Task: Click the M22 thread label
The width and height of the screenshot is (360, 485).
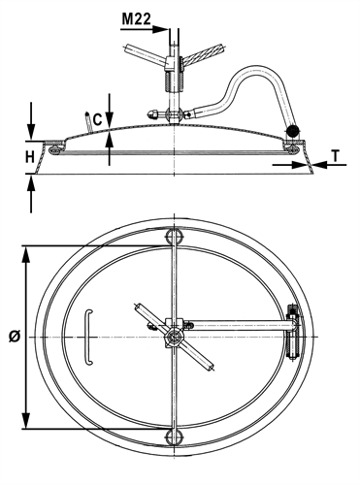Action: click(x=136, y=19)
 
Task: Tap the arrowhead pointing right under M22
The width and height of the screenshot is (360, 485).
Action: click(x=160, y=29)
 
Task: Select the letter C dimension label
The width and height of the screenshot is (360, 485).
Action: click(x=97, y=119)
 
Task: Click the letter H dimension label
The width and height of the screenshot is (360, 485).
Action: click(x=30, y=157)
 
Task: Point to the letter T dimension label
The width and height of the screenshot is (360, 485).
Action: click(x=336, y=156)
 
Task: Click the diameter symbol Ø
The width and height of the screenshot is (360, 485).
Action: click(x=15, y=337)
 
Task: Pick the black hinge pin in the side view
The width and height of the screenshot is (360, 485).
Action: click(x=292, y=130)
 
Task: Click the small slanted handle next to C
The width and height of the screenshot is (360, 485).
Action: click(x=88, y=121)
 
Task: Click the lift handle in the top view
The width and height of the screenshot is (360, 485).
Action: click(x=88, y=338)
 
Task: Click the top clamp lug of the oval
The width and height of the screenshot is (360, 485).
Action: click(x=175, y=237)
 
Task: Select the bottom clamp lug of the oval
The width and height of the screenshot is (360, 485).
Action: click(x=175, y=437)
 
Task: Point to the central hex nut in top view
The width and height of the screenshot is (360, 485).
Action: click(x=175, y=338)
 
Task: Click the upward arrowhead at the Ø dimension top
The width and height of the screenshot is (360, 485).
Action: click(x=26, y=256)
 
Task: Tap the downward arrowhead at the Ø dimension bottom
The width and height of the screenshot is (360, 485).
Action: click(x=26, y=420)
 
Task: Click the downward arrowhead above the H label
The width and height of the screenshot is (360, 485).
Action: click(x=31, y=131)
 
